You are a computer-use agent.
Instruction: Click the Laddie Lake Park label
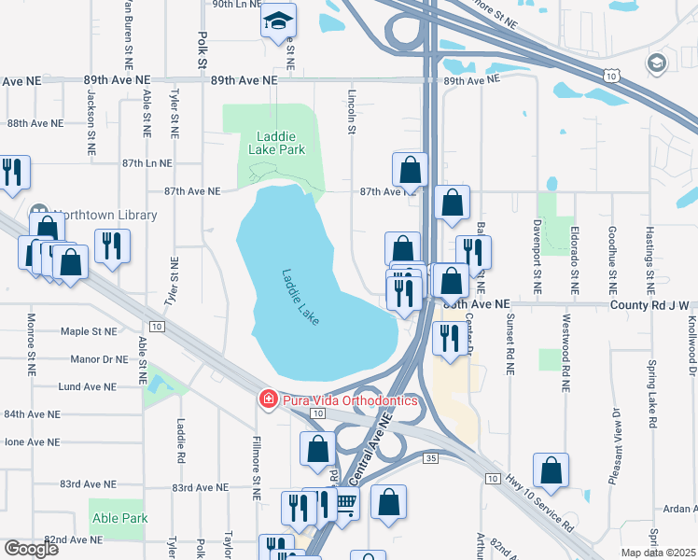[x=277, y=142]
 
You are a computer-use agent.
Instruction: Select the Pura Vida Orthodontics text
[x=350, y=400]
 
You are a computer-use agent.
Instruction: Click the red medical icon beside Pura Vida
[x=267, y=400]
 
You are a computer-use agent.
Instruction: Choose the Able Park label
[x=119, y=518]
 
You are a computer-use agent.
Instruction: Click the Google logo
[x=31, y=549]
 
